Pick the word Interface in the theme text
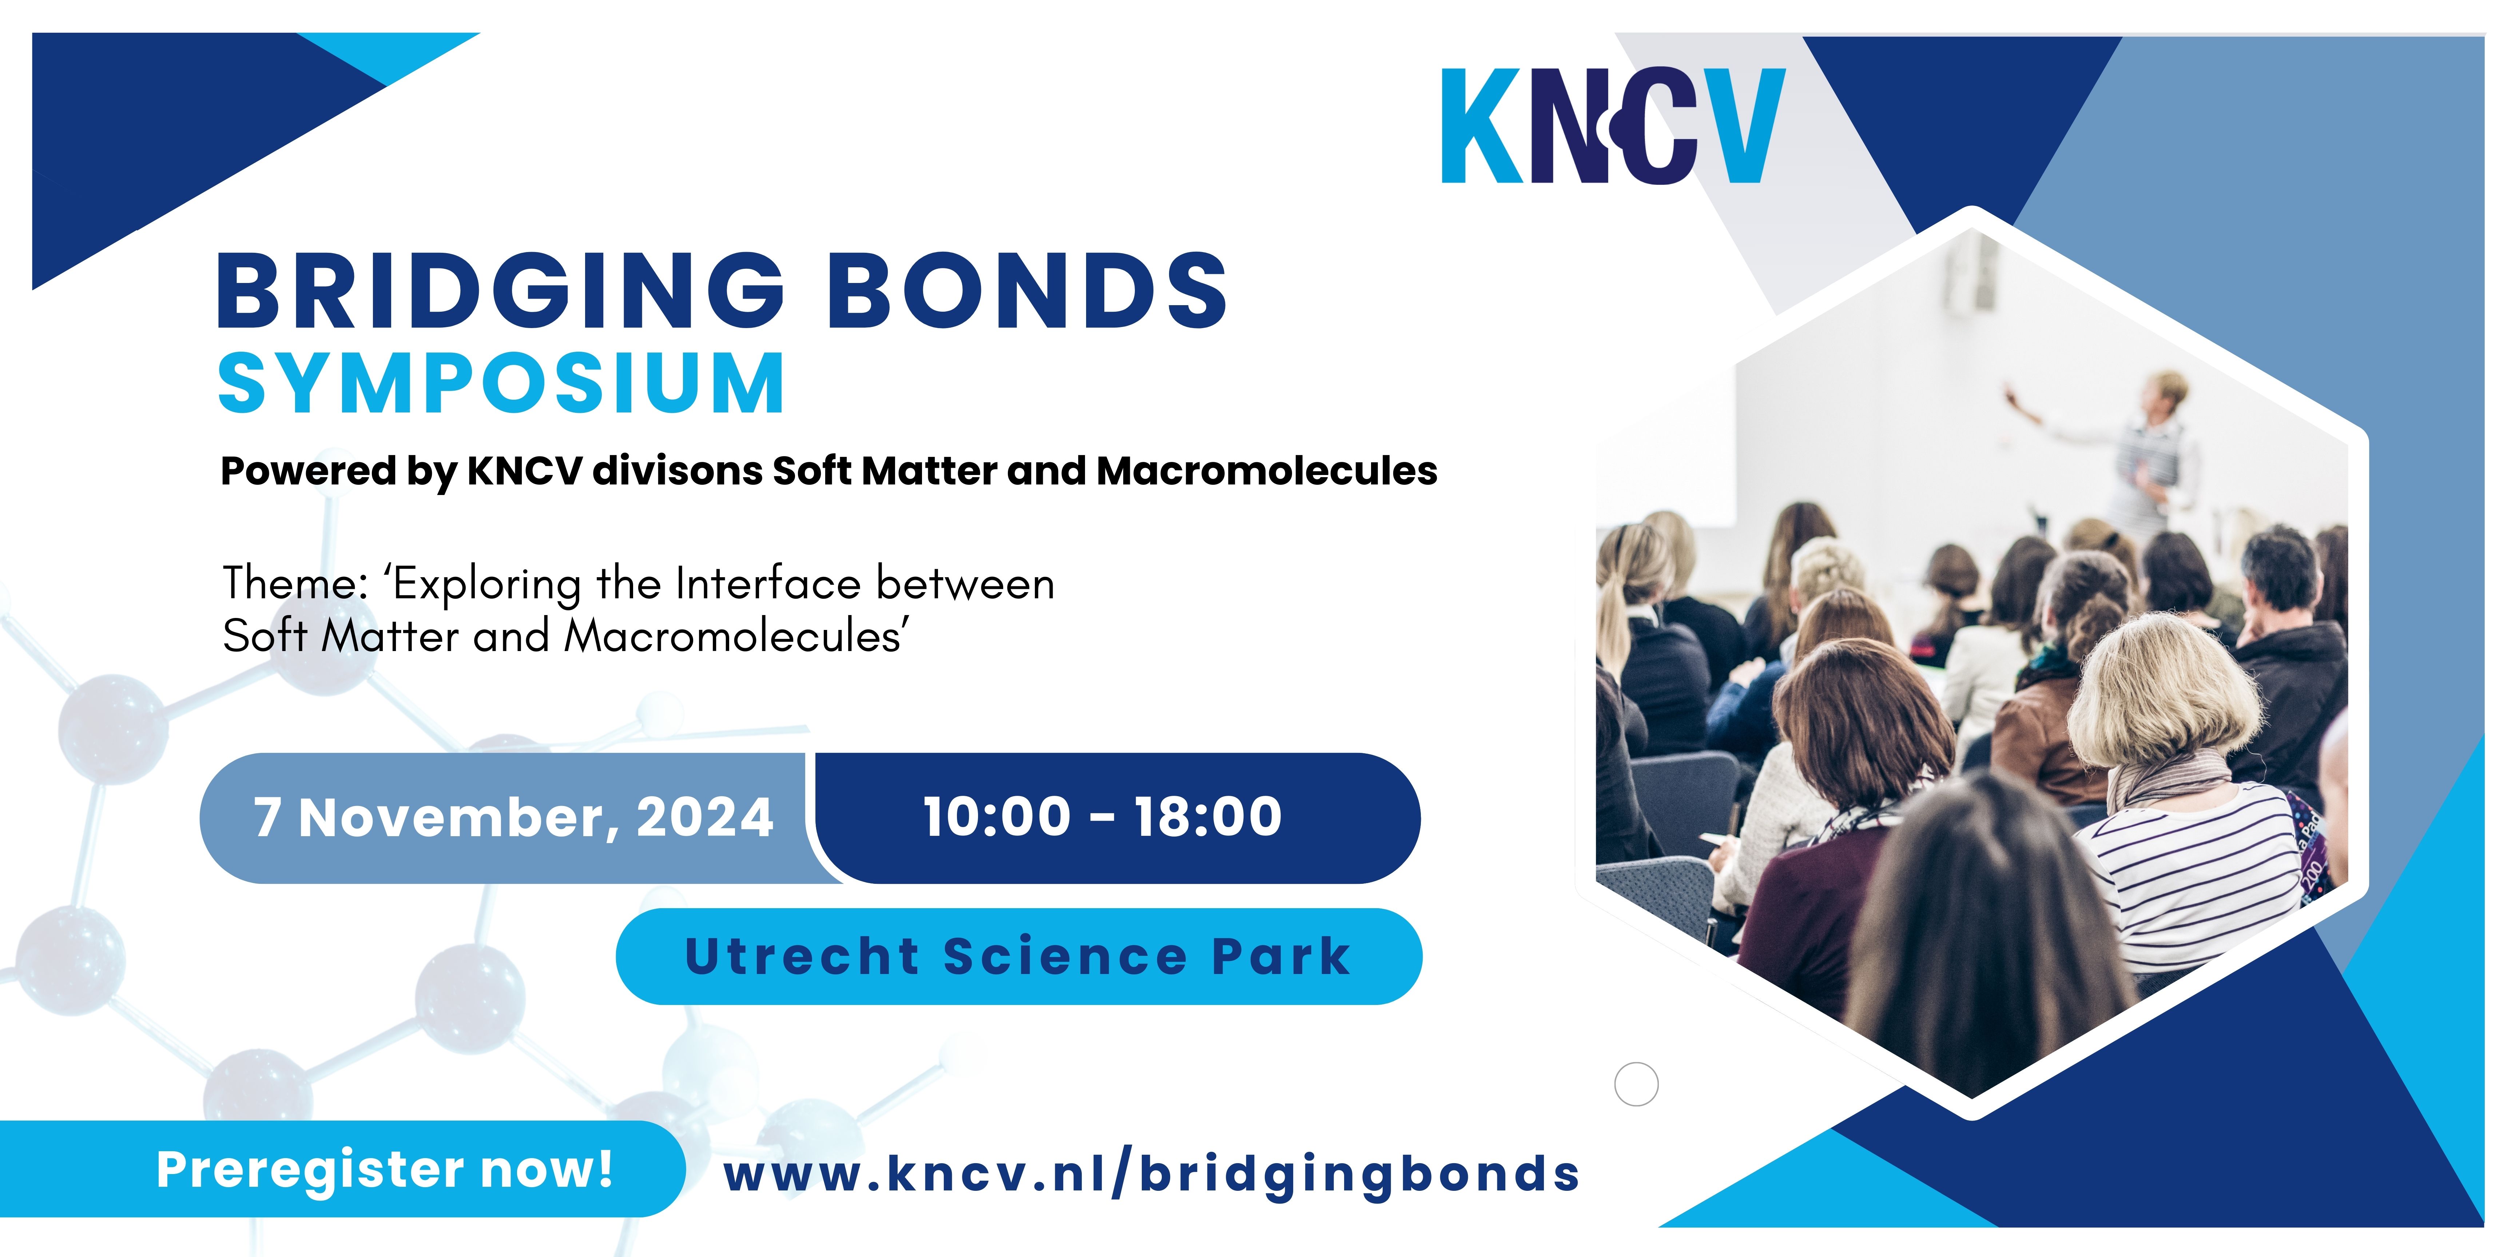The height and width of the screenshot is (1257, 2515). tap(768, 584)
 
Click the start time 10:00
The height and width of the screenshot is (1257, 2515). tap(997, 816)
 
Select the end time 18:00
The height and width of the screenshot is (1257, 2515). tap(1208, 816)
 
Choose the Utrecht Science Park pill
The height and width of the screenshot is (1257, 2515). tap(1018, 957)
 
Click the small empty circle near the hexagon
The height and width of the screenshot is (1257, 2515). tap(1636, 1084)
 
